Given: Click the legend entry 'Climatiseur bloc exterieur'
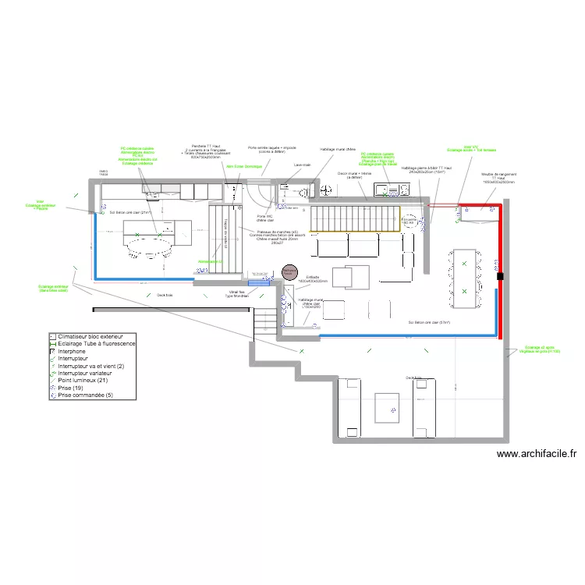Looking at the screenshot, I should [x=90, y=335].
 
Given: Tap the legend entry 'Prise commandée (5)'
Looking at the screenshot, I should [x=86, y=395].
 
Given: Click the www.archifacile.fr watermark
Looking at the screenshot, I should [x=536, y=453].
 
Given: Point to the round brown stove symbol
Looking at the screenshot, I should [x=289, y=273].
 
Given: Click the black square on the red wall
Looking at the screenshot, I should [x=500, y=275].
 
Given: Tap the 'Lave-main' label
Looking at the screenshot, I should [x=302, y=165].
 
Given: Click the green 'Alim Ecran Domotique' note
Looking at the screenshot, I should [x=243, y=166].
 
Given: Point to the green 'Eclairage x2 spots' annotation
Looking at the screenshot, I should [x=543, y=349].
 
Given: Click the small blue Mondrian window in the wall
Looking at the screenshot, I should [x=258, y=283].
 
